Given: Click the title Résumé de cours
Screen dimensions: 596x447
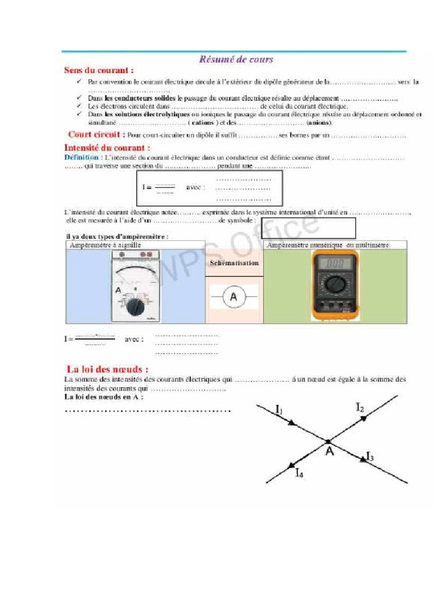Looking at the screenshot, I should coord(236,59).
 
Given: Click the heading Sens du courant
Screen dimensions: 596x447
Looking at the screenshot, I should coord(95,70).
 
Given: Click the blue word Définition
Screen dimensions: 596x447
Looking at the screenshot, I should coord(81,158).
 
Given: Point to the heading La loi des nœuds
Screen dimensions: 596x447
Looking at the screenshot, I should coord(107,369).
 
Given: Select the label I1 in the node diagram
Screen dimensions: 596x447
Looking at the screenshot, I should coord(278,411).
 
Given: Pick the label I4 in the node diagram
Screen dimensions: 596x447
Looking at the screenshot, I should coord(299,473).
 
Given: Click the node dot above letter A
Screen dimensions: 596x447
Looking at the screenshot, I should coord(329,441).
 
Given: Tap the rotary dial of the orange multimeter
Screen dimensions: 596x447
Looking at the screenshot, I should coord(334,285).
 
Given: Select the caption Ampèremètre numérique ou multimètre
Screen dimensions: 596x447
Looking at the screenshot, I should coord(328,246).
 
